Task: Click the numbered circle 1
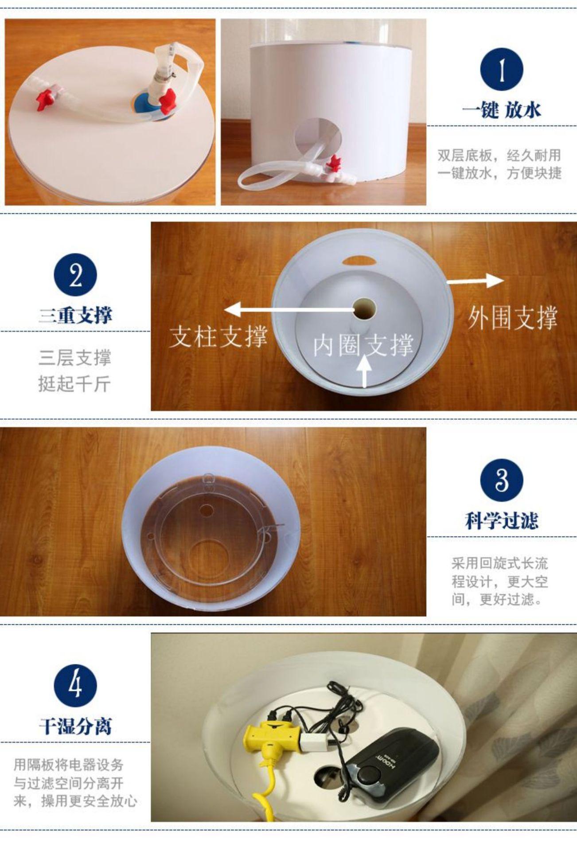coord(502,70)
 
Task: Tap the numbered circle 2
coord(75,275)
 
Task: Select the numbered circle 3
coord(502,480)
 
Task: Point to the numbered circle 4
coord(75,686)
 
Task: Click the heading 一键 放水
coord(502,109)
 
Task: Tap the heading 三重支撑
coord(75,316)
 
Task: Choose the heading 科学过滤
coord(502,520)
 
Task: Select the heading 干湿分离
coord(75,726)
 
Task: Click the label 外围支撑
coord(512,318)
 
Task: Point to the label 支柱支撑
coord(219,336)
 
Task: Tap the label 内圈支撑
coord(363,345)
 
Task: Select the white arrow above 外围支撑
coord(476,281)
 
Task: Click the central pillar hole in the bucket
coord(364,308)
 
